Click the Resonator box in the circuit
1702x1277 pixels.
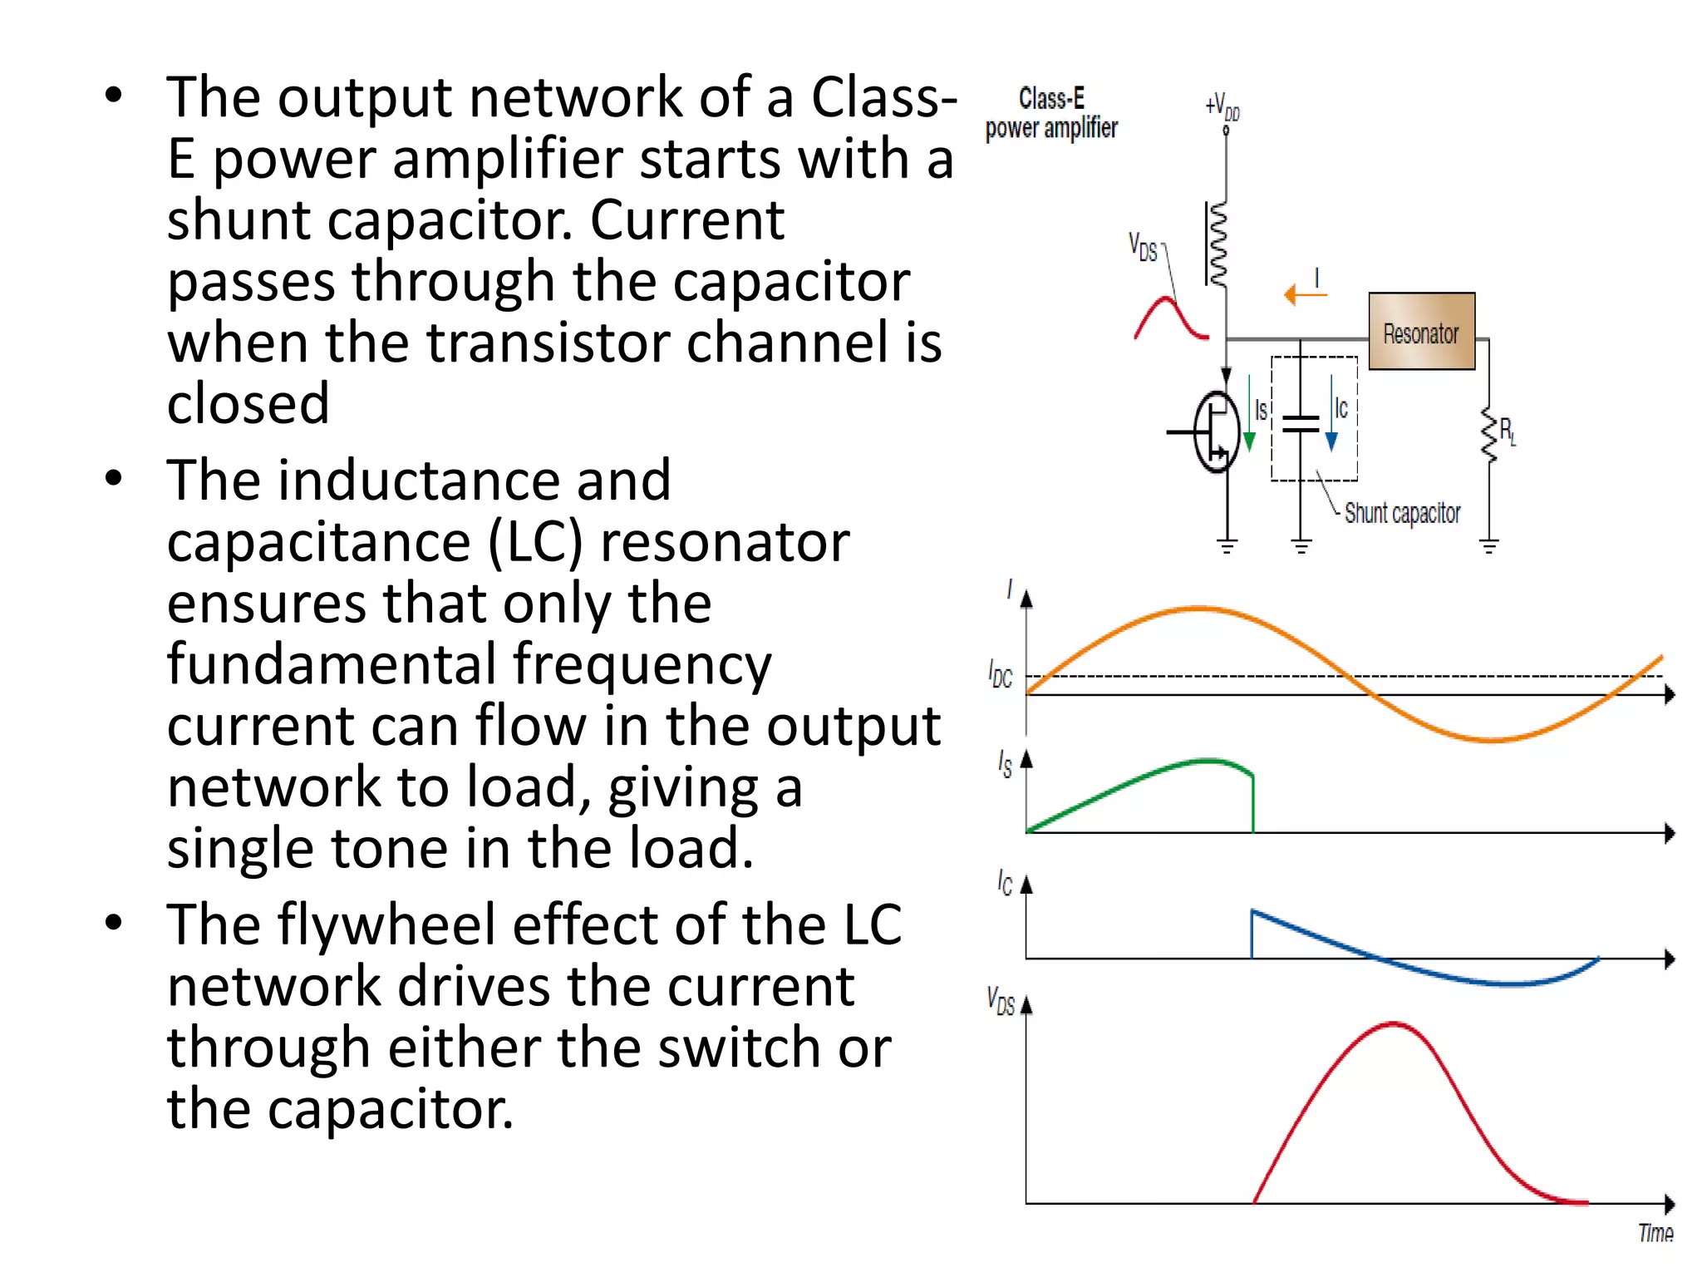(x=1421, y=332)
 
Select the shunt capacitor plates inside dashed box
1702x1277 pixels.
(x=1301, y=424)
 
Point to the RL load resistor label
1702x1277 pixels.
(x=1508, y=431)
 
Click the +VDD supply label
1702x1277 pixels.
(x=1222, y=107)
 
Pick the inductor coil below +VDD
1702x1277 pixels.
(x=1218, y=244)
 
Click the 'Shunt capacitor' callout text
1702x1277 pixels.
(x=1402, y=513)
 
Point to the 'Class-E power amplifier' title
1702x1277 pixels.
(x=1051, y=113)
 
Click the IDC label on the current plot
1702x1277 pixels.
(x=1001, y=674)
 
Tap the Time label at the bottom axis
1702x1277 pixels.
(x=1655, y=1233)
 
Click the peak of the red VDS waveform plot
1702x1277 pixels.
(x=1394, y=1023)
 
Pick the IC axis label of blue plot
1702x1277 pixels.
(x=1005, y=883)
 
